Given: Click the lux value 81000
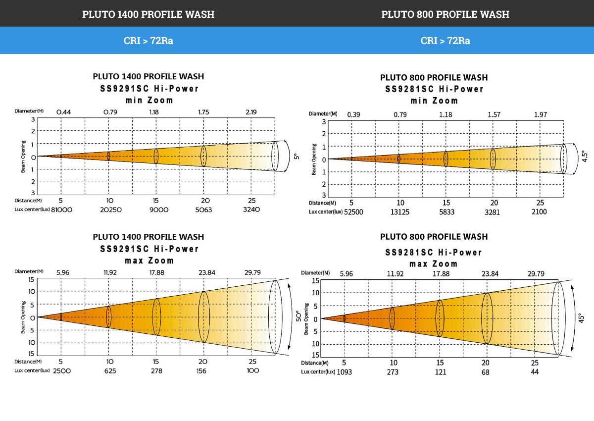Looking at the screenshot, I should point(61,210).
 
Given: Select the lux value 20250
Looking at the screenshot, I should point(110,210).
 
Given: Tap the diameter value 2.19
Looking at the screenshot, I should point(251,112).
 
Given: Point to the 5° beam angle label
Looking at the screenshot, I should point(296,157).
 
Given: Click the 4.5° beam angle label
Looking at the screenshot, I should point(585,158).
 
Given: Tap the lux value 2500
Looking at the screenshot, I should point(62,370).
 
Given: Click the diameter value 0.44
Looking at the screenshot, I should point(63,112).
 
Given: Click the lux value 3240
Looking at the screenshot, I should point(251,210).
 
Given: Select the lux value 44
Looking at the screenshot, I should point(535,372).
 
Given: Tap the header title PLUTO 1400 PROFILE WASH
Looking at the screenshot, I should point(148,14).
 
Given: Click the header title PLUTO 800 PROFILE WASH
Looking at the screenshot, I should point(445,14).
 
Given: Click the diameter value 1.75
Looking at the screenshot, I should point(203,112).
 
